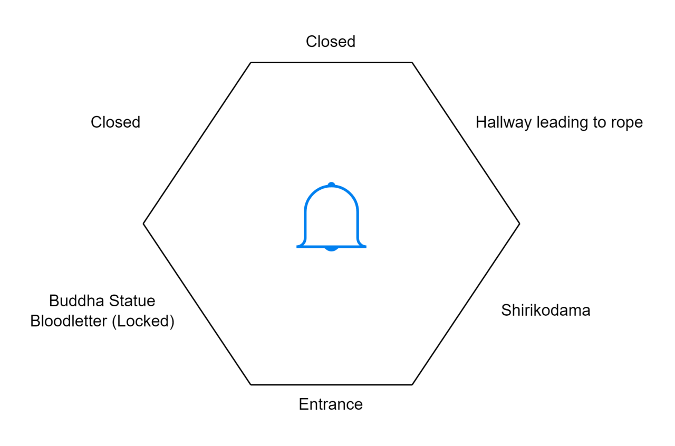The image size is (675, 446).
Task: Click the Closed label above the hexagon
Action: pos(331,42)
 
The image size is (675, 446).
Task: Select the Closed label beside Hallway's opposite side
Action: pos(115,122)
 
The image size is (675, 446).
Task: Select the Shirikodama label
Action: pos(546,311)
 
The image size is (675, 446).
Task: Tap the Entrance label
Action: pos(331,404)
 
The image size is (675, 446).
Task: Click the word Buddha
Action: pos(76,301)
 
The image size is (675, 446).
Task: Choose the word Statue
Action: pos(132,301)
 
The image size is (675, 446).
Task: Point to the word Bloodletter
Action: pos(69,321)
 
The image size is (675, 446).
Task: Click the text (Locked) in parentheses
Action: pos(143,322)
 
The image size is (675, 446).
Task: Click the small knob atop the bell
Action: pos(332,185)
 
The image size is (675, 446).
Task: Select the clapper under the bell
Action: pos(332,249)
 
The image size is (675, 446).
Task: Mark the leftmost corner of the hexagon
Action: pos(143,224)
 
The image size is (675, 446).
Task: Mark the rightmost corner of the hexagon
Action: pos(519,224)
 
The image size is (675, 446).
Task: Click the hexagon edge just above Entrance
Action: pos(332,385)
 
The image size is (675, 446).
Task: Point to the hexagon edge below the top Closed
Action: pos(332,62)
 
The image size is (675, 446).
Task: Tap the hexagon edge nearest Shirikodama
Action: pos(466,304)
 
